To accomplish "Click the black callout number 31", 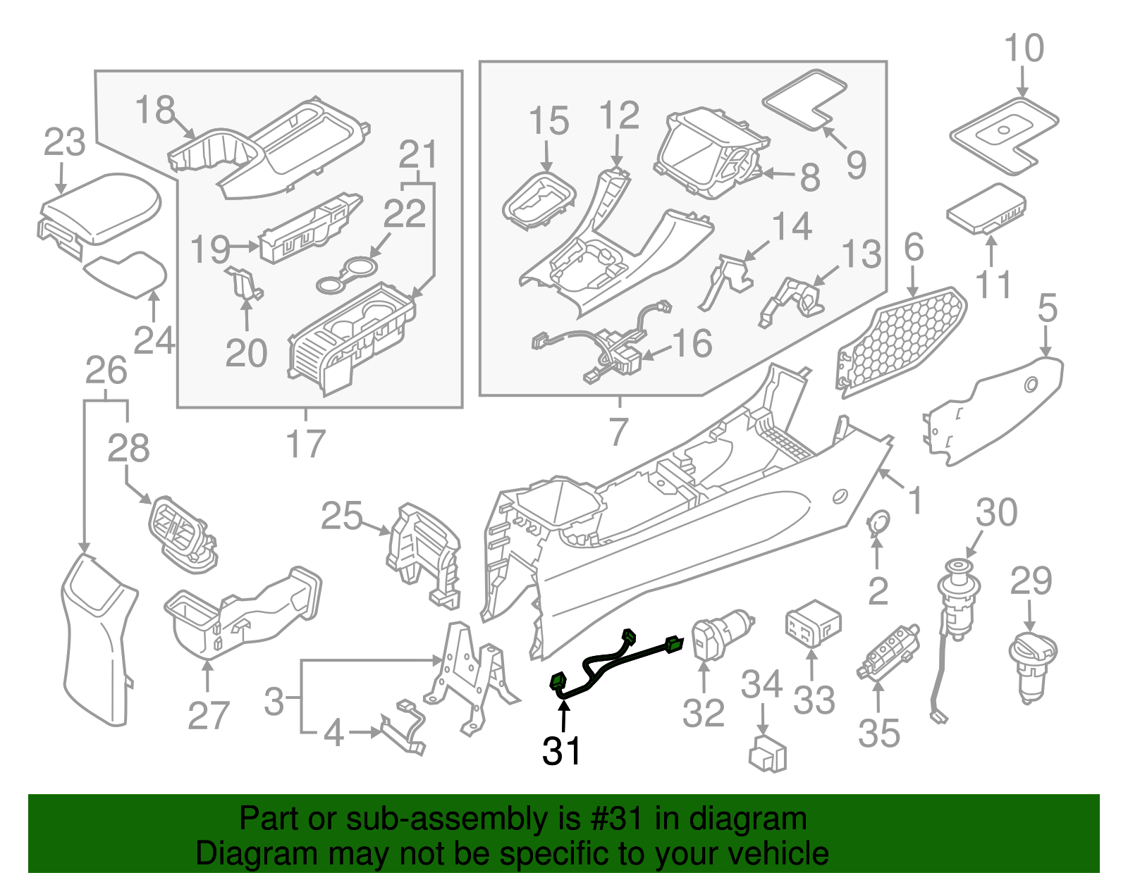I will click(561, 751).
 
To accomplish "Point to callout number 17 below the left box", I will click(305, 444).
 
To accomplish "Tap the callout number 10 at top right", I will click(1024, 49).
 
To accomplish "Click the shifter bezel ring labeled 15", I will click(539, 200).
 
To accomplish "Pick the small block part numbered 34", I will click(767, 754).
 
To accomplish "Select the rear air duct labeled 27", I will click(240, 613).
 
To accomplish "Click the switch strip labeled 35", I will click(888, 652).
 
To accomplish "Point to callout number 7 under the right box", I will click(618, 431).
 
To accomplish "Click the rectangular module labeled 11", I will click(986, 209).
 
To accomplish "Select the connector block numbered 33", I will click(812, 624).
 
